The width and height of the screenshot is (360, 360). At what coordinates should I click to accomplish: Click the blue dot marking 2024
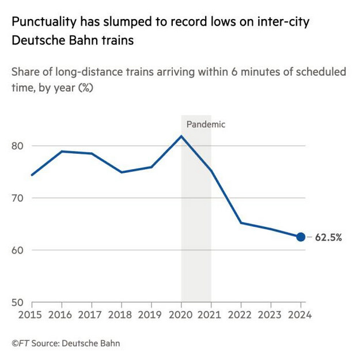click(x=300, y=237)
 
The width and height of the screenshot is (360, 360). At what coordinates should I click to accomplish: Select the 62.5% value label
click(x=328, y=237)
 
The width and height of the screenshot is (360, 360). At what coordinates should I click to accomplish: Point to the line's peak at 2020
click(x=181, y=136)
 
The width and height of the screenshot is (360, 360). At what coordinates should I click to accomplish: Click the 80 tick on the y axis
click(x=18, y=146)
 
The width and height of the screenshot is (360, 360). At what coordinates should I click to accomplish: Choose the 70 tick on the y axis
click(x=18, y=198)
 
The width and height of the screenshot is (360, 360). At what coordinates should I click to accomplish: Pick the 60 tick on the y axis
click(x=18, y=250)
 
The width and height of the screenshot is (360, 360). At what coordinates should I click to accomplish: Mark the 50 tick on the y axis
click(x=18, y=302)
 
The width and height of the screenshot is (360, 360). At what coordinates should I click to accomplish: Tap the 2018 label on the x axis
click(x=121, y=315)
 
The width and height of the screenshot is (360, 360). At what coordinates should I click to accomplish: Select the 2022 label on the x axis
click(x=240, y=315)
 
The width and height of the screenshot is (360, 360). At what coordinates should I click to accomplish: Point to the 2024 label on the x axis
click(x=300, y=315)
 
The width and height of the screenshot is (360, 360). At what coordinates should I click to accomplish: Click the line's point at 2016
click(x=62, y=151)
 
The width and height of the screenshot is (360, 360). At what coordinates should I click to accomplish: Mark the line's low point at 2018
click(x=121, y=172)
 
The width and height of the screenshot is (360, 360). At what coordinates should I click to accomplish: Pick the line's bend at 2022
click(x=240, y=223)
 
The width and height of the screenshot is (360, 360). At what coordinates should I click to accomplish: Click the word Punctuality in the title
click(x=43, y=23)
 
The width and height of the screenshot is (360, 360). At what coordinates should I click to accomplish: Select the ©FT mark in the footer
click(x=21, y=344)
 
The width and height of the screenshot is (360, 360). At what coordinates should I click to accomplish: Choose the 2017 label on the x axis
click(x=92, y=315)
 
